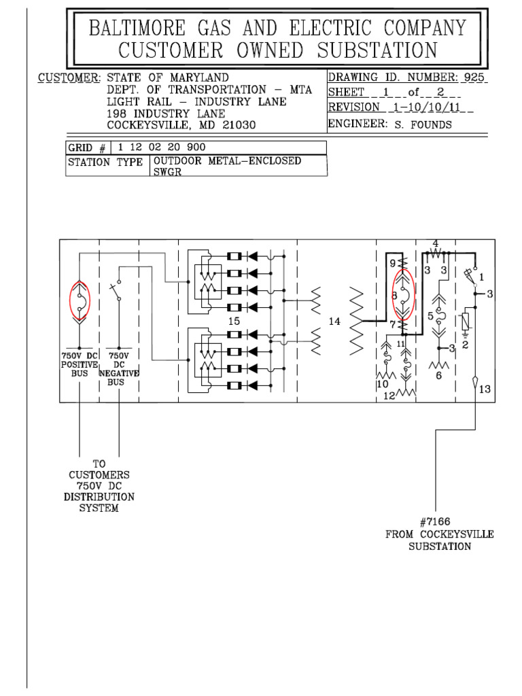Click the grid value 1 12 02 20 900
(161, 147)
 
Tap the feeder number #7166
(432, 522)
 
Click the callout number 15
(234, 320)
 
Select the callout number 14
(334, 321)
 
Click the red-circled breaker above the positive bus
(80, 299)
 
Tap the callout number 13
(484, 389)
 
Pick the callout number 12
(388, 396)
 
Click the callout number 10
(382, 385)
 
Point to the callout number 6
(438, 375)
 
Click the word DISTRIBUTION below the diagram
(99, 497)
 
